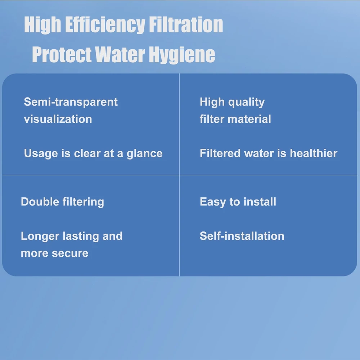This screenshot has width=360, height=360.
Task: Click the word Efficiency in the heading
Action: (105, 25)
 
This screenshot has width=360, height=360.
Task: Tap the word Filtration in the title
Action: (186, 24)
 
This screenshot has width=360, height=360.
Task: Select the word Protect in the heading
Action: (62, 54)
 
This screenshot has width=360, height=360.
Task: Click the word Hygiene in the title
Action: (182, 55)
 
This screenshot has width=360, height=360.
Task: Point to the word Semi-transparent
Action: (71, 102)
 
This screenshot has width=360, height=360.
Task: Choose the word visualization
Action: (58, 119)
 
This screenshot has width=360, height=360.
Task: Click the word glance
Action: (144, 154)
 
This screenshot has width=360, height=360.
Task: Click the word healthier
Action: (314, 153)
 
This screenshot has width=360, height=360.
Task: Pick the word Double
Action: (40, 202)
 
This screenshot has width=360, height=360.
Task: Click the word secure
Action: (70, 253)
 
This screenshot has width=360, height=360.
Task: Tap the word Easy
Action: (213, 202)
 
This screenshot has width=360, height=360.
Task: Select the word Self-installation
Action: (242, 236)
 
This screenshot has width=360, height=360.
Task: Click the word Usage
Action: (41, 154)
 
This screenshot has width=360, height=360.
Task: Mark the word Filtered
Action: (220, 153)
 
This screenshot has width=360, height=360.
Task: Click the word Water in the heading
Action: (120, 54)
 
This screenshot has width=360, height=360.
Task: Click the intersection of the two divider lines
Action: (179, 175)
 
